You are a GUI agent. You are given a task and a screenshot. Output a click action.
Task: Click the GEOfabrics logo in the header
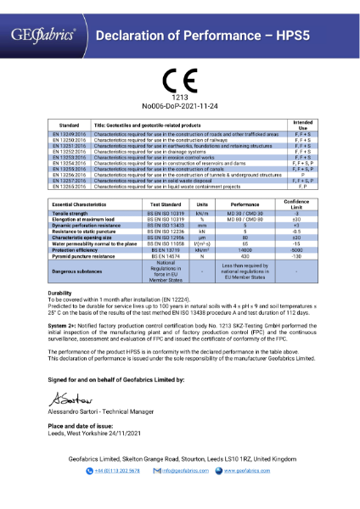(x=42, y=35)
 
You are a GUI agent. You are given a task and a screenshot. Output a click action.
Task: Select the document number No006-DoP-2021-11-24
(x=179, y=107)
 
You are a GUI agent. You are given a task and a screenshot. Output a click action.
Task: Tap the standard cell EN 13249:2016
(x=70, y=134)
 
